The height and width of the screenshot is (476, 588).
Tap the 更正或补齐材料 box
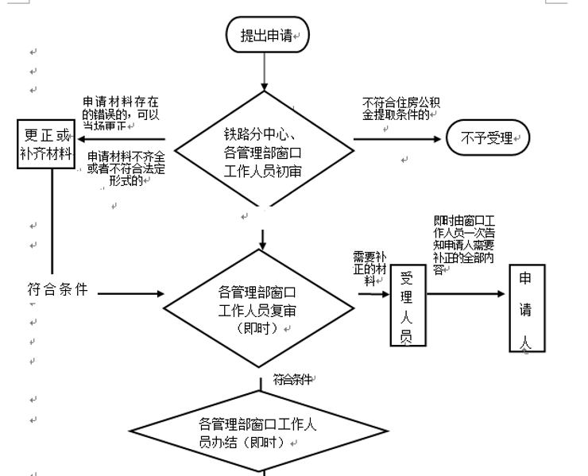46,144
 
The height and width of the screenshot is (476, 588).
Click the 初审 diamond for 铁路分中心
263,151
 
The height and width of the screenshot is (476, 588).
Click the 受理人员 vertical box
406,307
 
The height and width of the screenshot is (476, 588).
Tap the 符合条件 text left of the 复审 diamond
56,289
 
